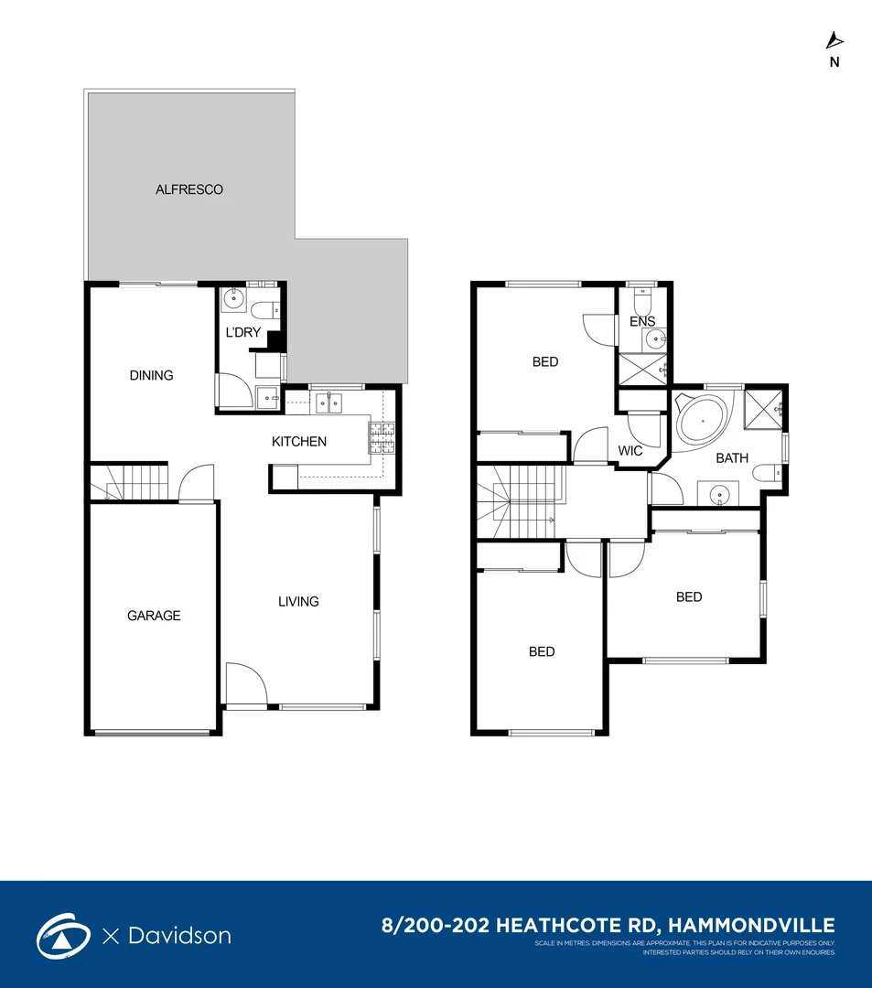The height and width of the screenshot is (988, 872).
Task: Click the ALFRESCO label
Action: pyautogui.click(x=188, y=190)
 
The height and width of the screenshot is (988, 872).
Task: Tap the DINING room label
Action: pyautogui.click(x=151, y=375)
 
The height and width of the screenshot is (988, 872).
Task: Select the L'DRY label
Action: pyautogui.click(x=242, y=332)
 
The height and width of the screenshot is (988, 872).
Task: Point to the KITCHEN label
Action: pyautogui.click(x=299, y=442)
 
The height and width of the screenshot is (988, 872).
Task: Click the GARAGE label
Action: pyautogui.click(x=154, y=616)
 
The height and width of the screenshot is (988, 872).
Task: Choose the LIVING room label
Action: pyautogui.click(x=298, y=601)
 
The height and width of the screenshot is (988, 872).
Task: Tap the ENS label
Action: pyautogui.click(x=642, y=322)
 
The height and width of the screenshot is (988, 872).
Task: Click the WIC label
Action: pyautogui.click(x=630, y=451)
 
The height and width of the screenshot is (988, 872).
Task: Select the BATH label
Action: pyautogui.click(x=732, y=457)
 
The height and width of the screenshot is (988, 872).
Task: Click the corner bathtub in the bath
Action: pyautogui.click(x=702, y=422)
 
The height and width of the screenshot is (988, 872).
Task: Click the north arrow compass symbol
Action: pyautogui.click(x=834, y=40)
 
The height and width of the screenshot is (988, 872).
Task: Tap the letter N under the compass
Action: pyautogui.click(x=834, y=63)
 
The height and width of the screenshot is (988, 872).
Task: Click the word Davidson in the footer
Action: pyautogui.click(x=178, y=936)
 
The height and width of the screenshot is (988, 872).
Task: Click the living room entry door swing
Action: pyautogui.click(x=245, y=683)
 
